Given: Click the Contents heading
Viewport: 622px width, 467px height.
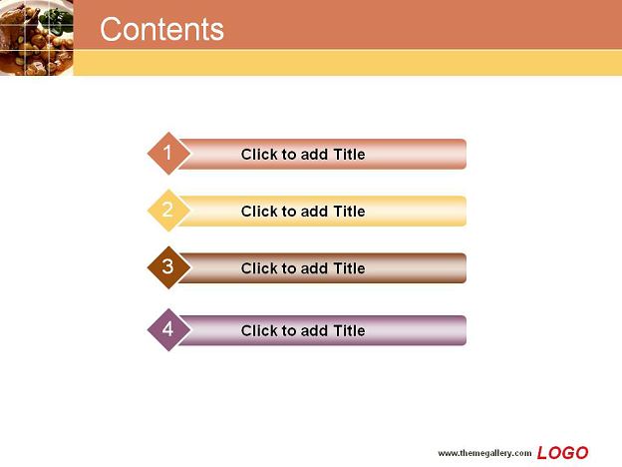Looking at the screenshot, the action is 161,29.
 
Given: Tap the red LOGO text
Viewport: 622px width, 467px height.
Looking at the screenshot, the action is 562,453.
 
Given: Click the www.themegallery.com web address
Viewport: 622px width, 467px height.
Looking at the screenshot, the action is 484,453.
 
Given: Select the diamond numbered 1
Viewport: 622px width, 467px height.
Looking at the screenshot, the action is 168,154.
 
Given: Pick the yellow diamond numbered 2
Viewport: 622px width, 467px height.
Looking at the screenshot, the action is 168,211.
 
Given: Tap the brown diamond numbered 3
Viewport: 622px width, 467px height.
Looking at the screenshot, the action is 168,267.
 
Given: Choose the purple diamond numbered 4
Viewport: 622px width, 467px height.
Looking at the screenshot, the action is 168,329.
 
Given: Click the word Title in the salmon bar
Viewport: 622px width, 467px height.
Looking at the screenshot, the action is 349,154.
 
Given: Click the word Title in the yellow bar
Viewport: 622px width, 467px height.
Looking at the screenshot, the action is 349,212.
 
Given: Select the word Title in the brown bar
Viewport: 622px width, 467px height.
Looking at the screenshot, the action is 349,268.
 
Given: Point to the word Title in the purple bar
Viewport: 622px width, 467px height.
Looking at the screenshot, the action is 349,330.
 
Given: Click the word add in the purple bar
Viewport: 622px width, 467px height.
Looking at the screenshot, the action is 315,330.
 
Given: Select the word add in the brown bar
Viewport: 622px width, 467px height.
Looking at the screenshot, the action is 315,268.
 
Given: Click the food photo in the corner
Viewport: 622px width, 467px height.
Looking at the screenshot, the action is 37,38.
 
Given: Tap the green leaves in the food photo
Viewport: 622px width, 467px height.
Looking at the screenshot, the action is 57,19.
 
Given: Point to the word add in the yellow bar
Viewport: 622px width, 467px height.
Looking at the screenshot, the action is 315,212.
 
